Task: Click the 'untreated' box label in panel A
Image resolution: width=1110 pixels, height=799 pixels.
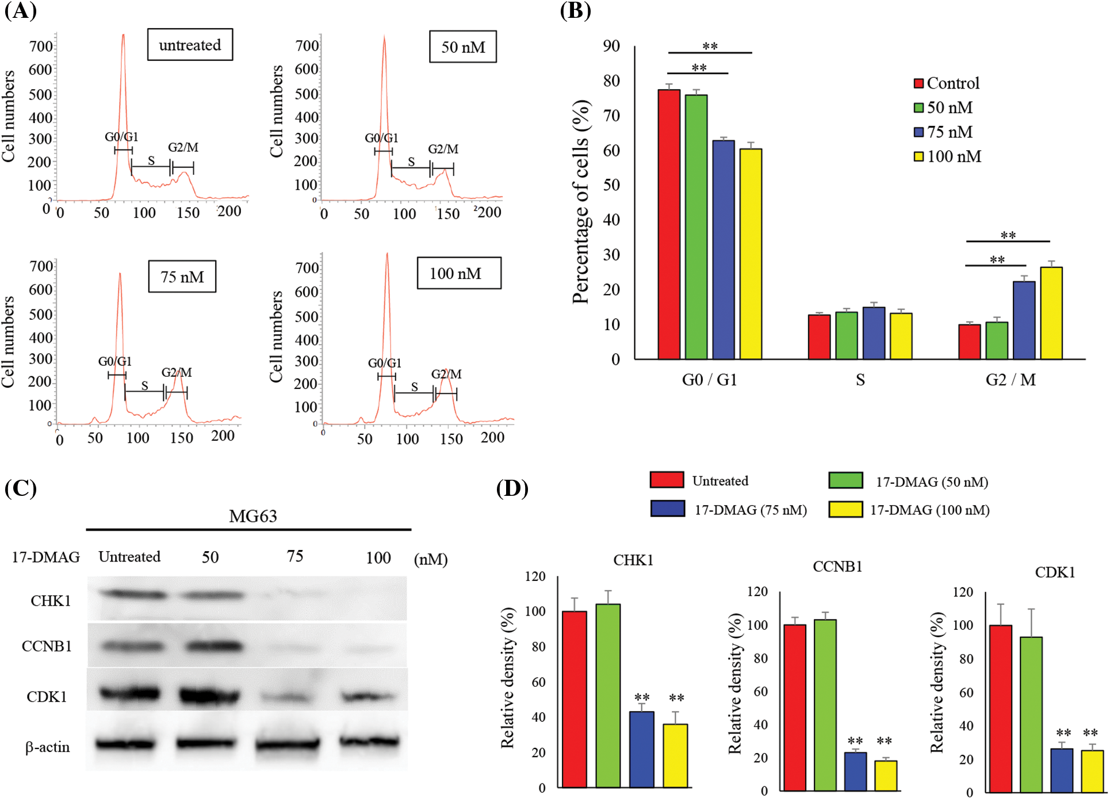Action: point(190,45)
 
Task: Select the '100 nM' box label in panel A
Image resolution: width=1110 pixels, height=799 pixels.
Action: point(458,273)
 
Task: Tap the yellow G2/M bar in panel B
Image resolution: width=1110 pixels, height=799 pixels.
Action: point(1051,313)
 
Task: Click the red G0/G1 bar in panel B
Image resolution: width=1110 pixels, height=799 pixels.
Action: point(669,224)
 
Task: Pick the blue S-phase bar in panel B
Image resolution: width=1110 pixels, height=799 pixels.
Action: point(874,334)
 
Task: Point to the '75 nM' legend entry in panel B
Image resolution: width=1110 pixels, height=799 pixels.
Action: point(949,132)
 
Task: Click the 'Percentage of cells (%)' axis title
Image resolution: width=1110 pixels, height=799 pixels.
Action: point(581,201)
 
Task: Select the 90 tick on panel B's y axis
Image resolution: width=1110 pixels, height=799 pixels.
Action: point(611,46)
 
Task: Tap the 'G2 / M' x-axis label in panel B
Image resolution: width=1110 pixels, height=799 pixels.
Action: point(1011,380)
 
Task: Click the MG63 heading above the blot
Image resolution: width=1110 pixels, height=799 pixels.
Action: point(252,516)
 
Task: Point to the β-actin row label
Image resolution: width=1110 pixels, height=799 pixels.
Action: point(48,747)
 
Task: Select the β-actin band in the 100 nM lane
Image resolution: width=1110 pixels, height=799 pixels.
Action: point(369,742)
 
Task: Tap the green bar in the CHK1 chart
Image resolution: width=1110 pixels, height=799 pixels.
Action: point(608,695)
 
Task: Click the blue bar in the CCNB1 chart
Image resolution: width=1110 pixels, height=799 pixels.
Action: point(855,771)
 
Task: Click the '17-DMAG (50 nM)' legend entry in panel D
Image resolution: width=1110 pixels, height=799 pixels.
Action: point(932,481)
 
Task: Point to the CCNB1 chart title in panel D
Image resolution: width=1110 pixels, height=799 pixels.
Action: point(837,567)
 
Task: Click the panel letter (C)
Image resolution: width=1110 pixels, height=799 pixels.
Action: point(21,488)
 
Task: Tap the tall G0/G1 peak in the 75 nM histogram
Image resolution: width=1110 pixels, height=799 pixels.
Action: point(120,322)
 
